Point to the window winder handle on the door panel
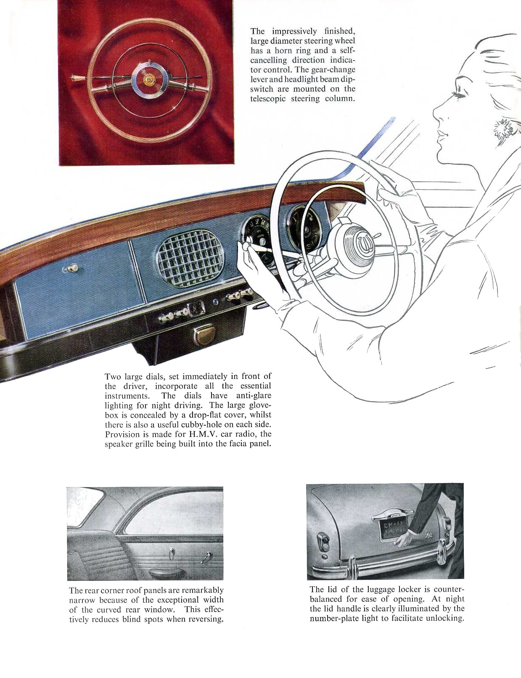click(205, 556)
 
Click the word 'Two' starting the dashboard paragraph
click(113, 376)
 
